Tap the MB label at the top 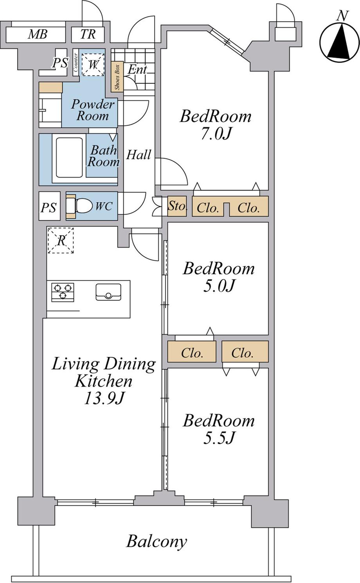click(x=38, y=35)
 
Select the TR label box click(x=88, y=34)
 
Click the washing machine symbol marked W click(x=93, y=64)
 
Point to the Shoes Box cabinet click(x=117, y=77)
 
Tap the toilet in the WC click(x=83, y=206)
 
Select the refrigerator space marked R click(x=61, y=240)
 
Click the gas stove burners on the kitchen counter click(x=63, y=292)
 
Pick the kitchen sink click(x=108, y=292)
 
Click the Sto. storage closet click(x=177, y=206)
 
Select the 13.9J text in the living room click(x=104, y=399)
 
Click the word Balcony click(x=157, y=542)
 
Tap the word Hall click(x=139, y=155)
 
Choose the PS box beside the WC click(x=49, y=207)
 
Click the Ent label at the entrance click(x=137, y=70)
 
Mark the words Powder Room click(x=93, y=110)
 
